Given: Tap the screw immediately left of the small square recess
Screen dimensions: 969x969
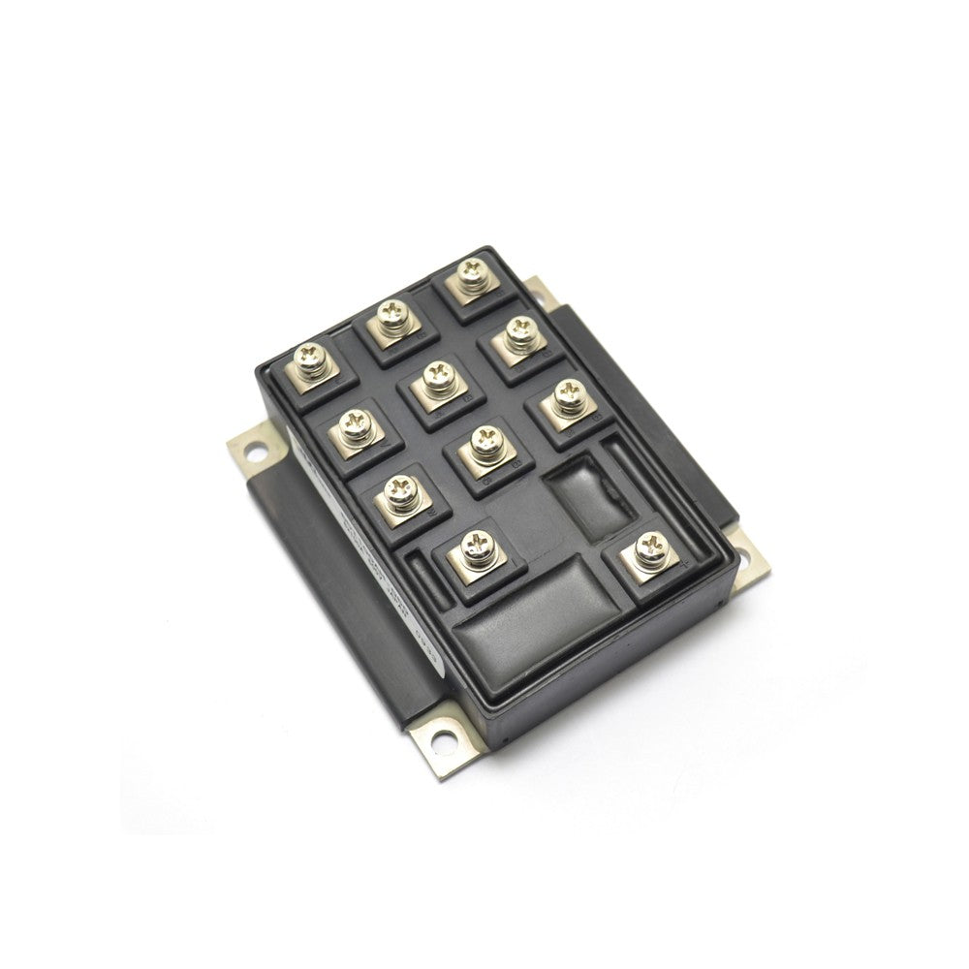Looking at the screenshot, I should pos(483,448).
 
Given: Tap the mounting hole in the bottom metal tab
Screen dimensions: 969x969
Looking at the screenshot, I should pos(441,741).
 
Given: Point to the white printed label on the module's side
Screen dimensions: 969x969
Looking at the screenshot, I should pos(388,581).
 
